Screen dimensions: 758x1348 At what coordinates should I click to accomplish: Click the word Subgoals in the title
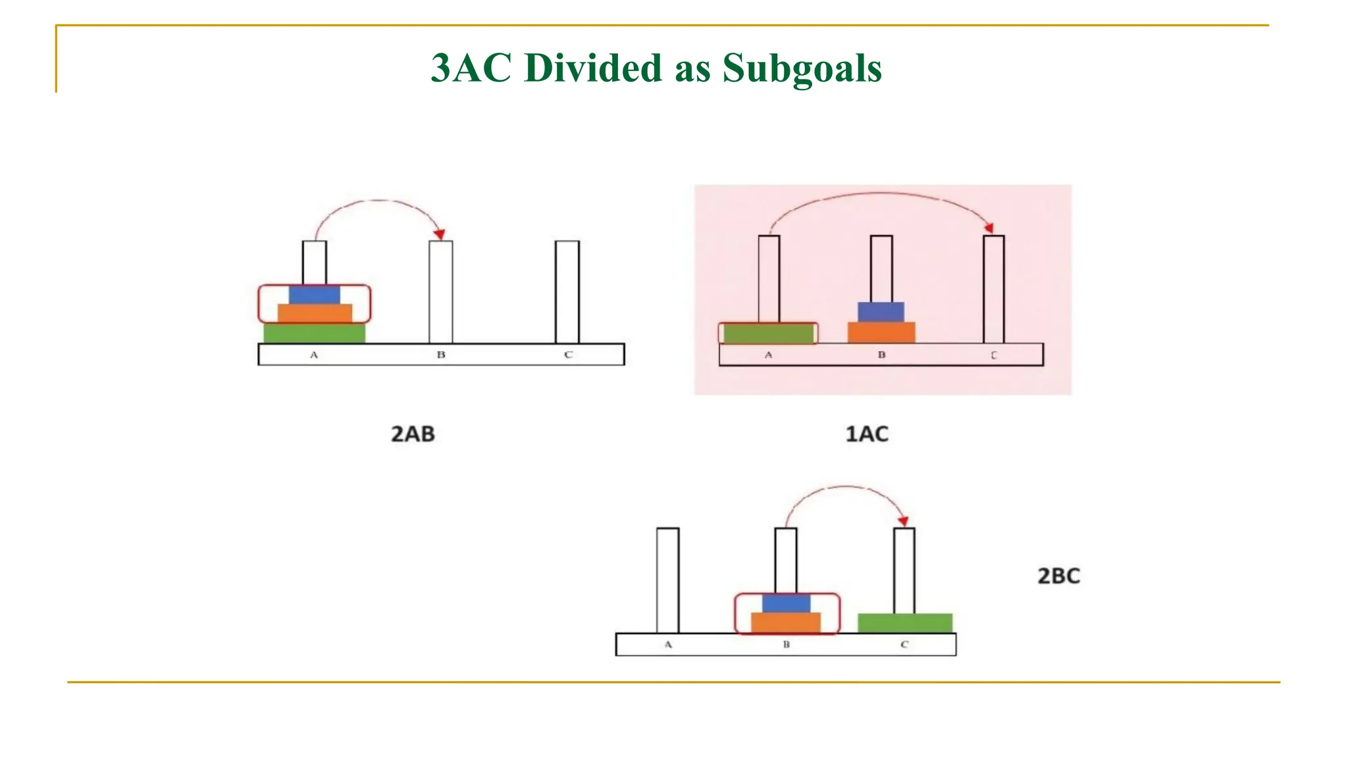(802, 68)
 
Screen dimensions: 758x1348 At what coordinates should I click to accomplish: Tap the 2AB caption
(413, 434)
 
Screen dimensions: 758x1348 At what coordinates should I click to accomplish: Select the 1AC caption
(867, 434)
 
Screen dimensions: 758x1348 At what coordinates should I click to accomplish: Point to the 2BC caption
(1058, 576)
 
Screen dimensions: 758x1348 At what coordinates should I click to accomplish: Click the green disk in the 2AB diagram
(314, 333)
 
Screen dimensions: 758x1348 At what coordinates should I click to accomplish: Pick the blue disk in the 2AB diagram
(315, 294)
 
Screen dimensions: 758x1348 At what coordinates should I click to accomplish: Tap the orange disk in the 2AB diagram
(315, 313)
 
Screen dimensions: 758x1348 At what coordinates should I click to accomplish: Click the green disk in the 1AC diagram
(768, 334)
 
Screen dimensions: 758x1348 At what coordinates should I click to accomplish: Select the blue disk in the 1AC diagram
(881, 312)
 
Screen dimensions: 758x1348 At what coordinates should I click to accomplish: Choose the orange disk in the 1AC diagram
(881, 332)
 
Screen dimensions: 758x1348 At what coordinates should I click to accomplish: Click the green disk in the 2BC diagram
(905, 623)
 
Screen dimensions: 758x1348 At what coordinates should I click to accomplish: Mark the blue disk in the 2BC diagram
(786, 603)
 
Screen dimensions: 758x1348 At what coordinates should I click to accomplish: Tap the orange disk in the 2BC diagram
(786, 622)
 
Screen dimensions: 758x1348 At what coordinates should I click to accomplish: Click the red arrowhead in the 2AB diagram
(440, 234)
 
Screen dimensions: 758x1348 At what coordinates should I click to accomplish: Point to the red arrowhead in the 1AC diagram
(989, 228)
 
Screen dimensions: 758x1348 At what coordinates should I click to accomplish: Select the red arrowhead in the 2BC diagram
(903, 520)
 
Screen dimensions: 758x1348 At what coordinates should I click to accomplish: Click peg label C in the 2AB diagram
(568, 355)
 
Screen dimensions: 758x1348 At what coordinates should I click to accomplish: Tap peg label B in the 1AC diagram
(881, 355)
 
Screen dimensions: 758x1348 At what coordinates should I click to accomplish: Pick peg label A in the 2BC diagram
(668, 645)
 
